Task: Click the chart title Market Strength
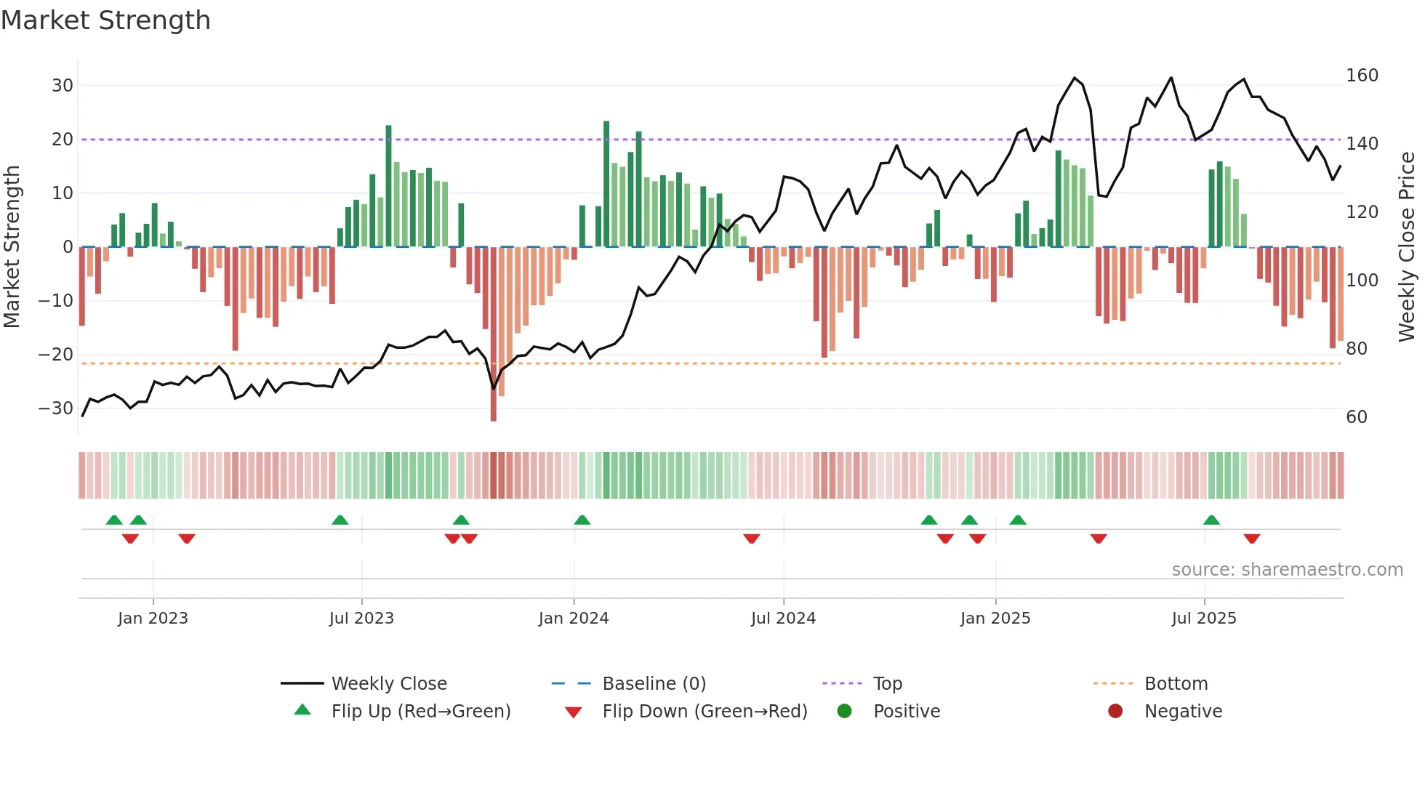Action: click(x=105, y=20)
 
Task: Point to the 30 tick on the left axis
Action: click(x=63, y=86)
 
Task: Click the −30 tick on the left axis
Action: click(x=57, y=408)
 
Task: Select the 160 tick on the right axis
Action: click(x=1362, y=76)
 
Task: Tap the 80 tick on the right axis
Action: click(x=1357, y=349)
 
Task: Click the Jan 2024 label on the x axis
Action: click(x=573, y=619)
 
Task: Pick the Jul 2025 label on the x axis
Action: click(x=1203, y=619)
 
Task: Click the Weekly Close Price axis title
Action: click(x=1407, y=247)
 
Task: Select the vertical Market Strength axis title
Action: click(x=12, y=247)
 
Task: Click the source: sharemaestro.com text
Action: click(x=1287, y=570)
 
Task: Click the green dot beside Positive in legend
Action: click(x=844, y=711)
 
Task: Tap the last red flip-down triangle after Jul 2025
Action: click(x=1251, y=539)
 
